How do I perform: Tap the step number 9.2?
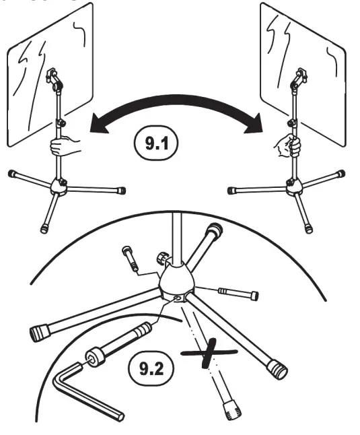[x=150, y=368]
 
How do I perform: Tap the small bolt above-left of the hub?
[x=130, y=257]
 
